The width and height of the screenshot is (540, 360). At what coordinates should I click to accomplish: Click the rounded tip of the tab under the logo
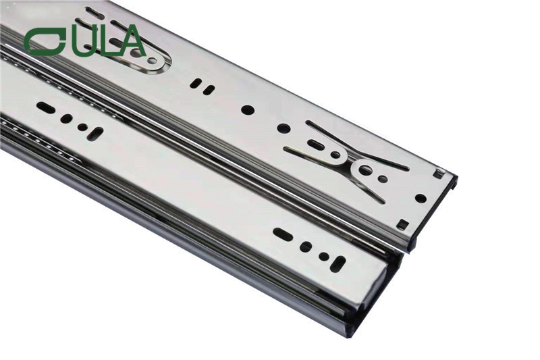(x=160, y=62)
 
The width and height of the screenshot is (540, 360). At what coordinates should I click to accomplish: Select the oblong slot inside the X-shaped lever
(x=315, y=145)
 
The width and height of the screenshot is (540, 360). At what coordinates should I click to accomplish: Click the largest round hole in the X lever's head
(x=365, y=170)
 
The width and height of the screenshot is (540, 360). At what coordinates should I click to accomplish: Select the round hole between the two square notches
(x=421, y=199)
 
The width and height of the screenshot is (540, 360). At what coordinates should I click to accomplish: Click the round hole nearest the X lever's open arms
(x=283, y=128)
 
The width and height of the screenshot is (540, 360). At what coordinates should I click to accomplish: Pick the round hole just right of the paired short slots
(x=248, y=109)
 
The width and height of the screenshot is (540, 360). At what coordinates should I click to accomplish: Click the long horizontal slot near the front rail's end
(x=283, y=234)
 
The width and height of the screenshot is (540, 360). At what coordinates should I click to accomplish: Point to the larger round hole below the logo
(x=66, y=118)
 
